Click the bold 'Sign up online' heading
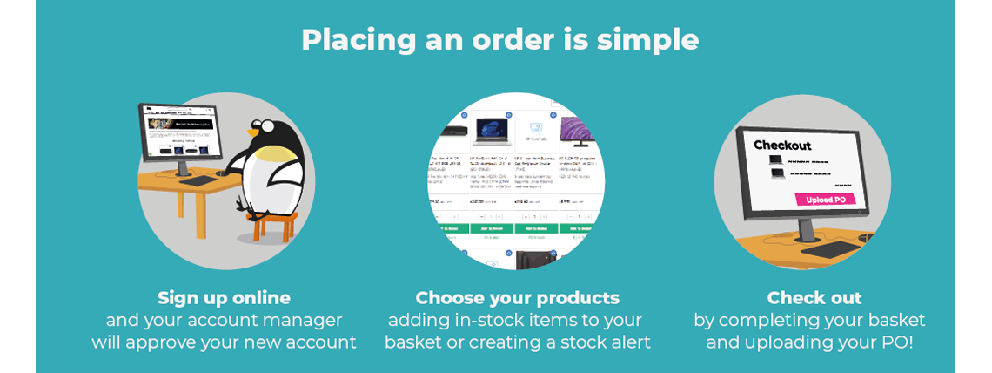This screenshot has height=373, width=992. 224,298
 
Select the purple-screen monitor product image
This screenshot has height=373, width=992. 576,132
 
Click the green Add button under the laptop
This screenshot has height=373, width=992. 492,228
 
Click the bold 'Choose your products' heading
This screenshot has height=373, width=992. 517,298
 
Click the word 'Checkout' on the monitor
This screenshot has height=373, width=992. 781,145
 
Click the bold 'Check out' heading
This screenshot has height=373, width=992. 814,298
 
